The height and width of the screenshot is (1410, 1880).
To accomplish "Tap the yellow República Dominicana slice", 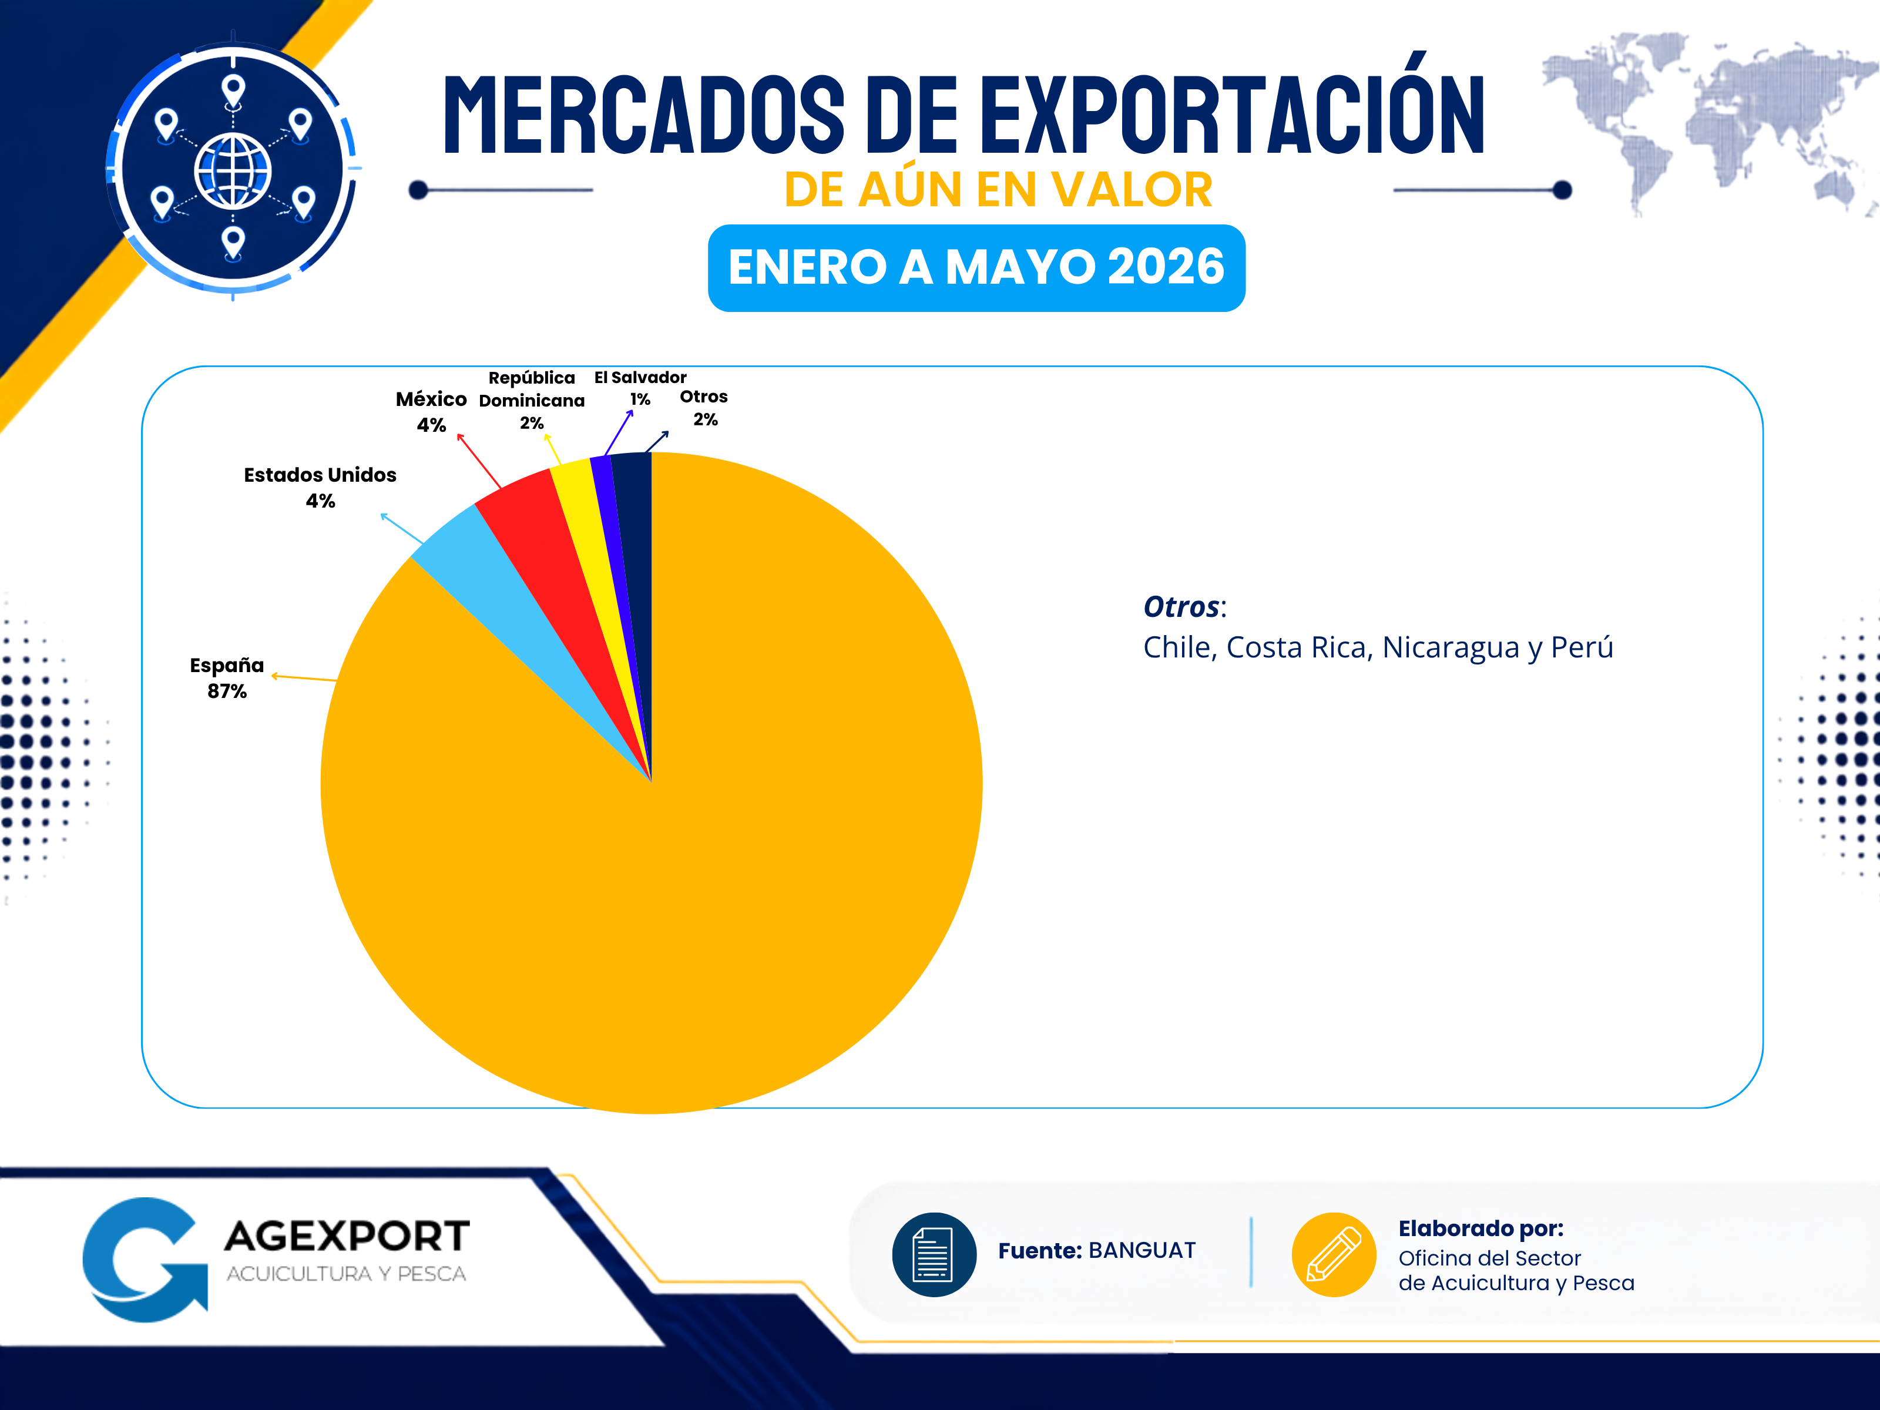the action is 586,527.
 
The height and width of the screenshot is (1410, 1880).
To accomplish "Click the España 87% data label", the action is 227,677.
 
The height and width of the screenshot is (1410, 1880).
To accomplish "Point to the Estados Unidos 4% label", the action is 320,487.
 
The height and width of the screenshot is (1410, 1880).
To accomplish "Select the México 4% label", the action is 431,411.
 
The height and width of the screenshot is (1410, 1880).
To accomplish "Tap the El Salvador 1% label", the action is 640,388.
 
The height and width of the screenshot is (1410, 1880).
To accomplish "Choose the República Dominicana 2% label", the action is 532,399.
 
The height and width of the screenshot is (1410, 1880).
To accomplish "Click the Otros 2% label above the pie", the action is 704,407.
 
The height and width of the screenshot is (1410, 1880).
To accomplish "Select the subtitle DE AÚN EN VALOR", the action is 998,190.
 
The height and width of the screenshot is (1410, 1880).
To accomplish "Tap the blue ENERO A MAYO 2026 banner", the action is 976,268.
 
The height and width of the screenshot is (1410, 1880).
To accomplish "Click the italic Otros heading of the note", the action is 1181,607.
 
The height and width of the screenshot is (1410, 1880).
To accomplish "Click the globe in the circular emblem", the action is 233,171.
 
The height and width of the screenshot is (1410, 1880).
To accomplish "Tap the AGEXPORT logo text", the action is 347,1236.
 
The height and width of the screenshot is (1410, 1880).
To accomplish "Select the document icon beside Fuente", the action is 933,1254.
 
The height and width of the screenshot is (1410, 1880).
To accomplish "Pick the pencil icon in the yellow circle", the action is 1334,1254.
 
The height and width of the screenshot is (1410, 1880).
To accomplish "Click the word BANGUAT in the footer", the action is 1142,1250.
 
